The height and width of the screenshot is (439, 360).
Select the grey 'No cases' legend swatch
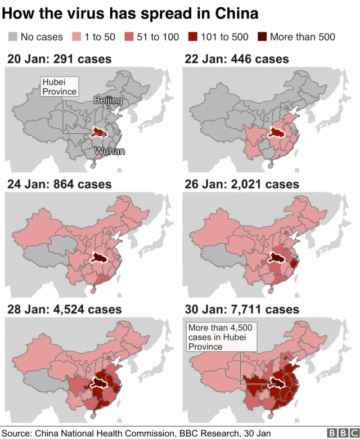pyautogui.click(x=13, y=37)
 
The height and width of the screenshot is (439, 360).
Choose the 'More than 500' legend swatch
pyautogui.click(x=262, y=37)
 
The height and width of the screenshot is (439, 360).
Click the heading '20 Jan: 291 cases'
pyautogui.click(x=59, y=59)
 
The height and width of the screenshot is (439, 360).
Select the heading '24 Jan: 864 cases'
pyautogui.click(x=59, y=184)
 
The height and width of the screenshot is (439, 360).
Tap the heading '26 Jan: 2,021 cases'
pyautogui.click(x=243, y=184)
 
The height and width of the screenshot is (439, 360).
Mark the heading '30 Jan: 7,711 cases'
pyautogui.click(x=243, y=309)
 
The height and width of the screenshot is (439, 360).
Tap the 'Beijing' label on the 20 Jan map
pyautogui.click(x=107, y=100)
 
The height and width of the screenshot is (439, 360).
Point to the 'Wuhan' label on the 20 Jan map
pyautogui.click(x=110, y=151)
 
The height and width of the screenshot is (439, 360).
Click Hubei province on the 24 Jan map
pyautogui.click(x=100, y=258)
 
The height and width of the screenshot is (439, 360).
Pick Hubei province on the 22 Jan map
pyautogui.click(x=276, y=132)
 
